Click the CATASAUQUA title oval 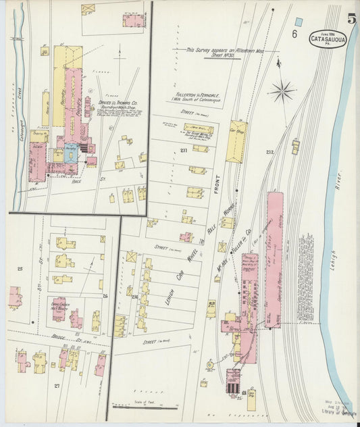click(x=329, y=39)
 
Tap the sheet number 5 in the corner click(x=352, y=18)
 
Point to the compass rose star click(x=282, y=90)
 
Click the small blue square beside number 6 click(x=299, y=21)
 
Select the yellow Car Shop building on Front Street click(x=236, y=141)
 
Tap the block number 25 click(x=20, y=269)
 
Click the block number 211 click(x=184, y=150)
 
